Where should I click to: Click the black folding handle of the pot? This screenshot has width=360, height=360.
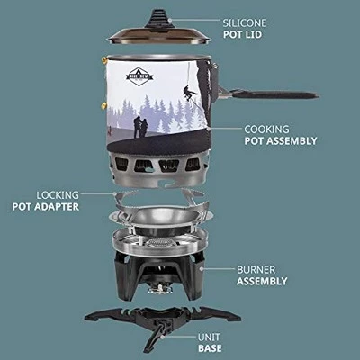(x=270, y=94)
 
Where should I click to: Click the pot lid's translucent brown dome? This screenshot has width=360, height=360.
(x=159, y=36)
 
